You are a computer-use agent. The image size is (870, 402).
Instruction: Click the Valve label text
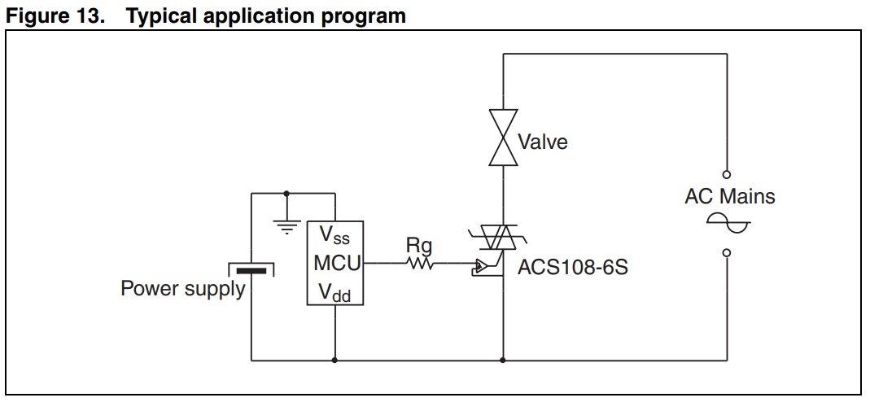coord(544,142)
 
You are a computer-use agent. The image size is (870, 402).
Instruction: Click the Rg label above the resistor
coord(419,245)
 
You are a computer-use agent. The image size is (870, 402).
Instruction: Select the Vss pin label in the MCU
coord(334,236)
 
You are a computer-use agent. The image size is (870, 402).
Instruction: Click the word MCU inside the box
coord(334,264)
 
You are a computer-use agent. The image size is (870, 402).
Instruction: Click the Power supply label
coord(182,289)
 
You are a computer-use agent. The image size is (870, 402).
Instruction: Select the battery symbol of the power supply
coord(251,269)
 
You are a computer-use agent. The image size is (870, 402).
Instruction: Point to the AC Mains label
coord(730,196)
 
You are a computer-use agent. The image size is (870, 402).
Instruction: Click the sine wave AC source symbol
coord(727,221)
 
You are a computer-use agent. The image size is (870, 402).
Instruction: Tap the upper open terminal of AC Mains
coord(726,174)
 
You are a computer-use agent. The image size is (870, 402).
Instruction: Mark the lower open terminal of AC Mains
coord(726,252)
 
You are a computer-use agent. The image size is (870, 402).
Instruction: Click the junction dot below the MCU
coord(334,360)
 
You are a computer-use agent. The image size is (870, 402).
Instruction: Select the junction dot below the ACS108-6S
coord(503,360)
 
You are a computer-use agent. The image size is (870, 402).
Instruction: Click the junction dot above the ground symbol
coord(286,194)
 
